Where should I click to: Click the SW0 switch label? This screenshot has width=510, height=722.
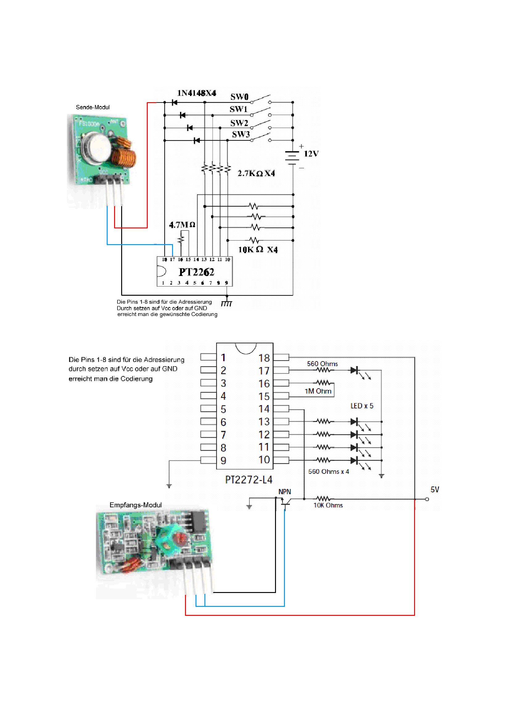pyautogui.click(x=239, y=97)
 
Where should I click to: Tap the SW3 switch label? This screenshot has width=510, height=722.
pyautogui.click(x=241, y=135)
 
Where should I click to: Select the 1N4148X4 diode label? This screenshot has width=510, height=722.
pyautogui.click(x=197, y=93)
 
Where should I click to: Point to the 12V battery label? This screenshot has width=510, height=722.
pyautogui.click(x=311, y=154)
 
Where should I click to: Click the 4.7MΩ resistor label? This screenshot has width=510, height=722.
pyautogui.click(x=182, y=225)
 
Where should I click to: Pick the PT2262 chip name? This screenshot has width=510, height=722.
pyautogui.click(x=196, y=272)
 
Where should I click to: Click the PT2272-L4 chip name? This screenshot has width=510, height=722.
pyautogui.click(x=249, y=480)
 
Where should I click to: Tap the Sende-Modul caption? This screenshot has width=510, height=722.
pyautogui.click(x=93, y=107)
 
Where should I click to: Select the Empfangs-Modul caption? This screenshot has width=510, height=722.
pyautogui.click(x=135, y=505)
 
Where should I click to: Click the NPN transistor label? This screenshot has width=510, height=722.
pyautogui.click(x=285, y=492)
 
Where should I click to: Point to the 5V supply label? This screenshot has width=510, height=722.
pyautogui.click(x=435, y=490)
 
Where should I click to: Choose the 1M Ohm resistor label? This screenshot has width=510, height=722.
pyautogui.click(x=318, y=391)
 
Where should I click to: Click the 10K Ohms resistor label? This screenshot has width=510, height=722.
pyautogui.click(x=328, y=505)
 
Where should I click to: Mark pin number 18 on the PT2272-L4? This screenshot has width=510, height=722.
pyautogui.click(x=264, y=358)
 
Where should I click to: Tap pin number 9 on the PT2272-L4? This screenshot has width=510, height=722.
pyautogui.click(x=223, y=461)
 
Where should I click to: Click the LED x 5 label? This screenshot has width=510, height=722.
pyautogui.click(x=362, y=406)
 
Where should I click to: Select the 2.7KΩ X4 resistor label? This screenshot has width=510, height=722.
pyautogui.click(x=256, y=173)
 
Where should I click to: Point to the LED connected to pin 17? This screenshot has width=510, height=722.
pyautogui.click(x=355, y=370)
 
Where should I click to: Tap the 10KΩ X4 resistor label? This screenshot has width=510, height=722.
pyautogui.click(x=258, y=250)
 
